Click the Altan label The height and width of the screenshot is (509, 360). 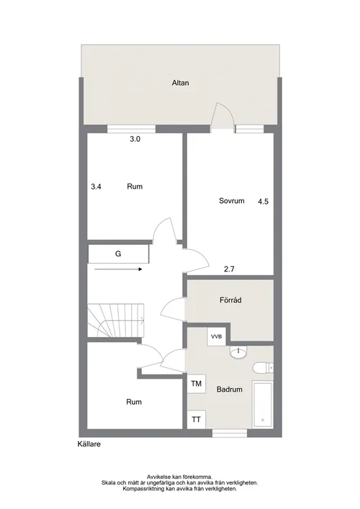click(x=180, y=83)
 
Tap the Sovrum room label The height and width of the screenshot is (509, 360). click(x=231, y=201)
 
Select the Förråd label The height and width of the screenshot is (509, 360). click(x=230, y=300)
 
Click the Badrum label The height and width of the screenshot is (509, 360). click(x=230, y=389)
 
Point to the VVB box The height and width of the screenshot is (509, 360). click(x=217, y=337)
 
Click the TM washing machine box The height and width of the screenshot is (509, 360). click(x=196, y=384)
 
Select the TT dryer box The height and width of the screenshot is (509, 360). click(x=196, y=420)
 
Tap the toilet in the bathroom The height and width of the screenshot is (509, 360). click(x=263, y=367)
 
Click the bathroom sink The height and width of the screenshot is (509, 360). click(x=238, y=352)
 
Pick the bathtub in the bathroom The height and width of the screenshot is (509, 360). click(x=263, y=405)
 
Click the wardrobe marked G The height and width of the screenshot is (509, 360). click(x=118, y=254)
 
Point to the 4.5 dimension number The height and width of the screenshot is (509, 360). click(x=264, y=202)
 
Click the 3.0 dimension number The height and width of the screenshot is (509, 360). click(x=135, y=139)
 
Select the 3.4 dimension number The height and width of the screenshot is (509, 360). click(x=96, y=186)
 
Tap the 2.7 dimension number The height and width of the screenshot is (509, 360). click(x=229, y=269)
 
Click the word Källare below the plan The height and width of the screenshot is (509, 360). click(x=89, y=444)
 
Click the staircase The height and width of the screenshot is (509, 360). click(x=116, y=320)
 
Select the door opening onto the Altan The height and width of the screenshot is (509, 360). click(x=222, y=117)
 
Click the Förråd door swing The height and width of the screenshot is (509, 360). click(x=173, y=310)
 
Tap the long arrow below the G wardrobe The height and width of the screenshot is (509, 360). click(x=119, y=269)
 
